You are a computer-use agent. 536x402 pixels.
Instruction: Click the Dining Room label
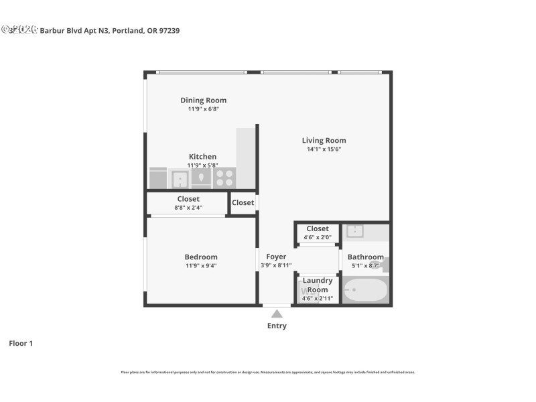pos(203,100)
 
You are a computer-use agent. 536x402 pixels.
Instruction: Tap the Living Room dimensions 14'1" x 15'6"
pos(324,149)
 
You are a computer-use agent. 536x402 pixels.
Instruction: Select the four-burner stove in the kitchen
pos(224,178)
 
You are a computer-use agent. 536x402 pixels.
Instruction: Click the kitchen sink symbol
pos(180,179)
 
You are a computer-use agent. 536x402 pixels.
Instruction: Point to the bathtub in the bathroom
pos(365,290)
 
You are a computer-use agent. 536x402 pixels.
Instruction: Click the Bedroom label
pos(201,257)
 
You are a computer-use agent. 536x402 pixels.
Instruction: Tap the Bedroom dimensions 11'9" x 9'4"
pos(201,266)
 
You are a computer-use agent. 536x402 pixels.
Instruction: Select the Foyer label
pos(276,257)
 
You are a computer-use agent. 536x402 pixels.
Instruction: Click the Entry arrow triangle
pos(277,314)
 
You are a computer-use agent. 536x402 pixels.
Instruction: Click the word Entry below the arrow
pos(277,326)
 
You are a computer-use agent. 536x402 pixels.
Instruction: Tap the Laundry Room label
pos(318,285)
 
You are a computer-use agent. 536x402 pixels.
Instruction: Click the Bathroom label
pos(365,257)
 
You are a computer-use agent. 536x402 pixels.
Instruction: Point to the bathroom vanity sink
pos(355,232)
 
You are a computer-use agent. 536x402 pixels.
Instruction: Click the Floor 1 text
pos(21,343)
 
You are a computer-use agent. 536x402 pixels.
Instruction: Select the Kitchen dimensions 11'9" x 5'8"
pos(202,165)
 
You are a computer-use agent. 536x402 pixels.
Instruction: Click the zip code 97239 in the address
pos(168,30)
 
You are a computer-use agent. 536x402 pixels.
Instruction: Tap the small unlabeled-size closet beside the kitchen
pos(243,203)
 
